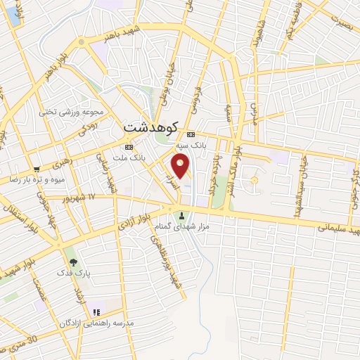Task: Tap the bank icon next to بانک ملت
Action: pos(128,147)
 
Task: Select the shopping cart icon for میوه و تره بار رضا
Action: pos(36,169)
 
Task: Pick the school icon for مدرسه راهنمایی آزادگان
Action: pos(97,311)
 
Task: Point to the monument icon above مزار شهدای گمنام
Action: pos(183,216)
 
